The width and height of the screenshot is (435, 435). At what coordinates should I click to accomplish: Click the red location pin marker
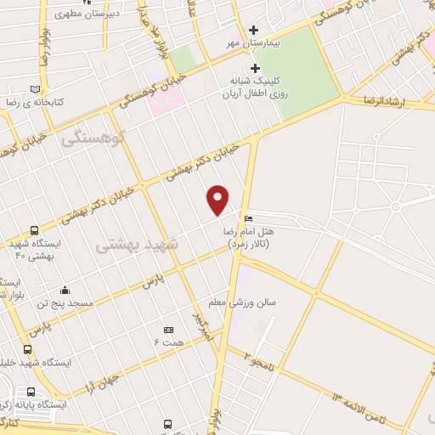[x=218, y=200]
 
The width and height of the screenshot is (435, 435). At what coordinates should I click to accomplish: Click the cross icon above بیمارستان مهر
[x=253, y=30]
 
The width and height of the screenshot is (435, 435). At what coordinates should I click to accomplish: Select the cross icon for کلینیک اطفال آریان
[x=254, y=69]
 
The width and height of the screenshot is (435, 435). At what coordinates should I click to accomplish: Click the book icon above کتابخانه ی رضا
[x=35, y=88]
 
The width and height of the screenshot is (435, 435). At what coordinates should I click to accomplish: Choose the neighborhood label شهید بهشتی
[x=137, y=244]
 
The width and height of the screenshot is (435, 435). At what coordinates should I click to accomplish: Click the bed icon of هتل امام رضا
[x=247, y=219]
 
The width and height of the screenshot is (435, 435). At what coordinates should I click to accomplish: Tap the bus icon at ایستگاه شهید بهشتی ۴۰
[x=34, y=230]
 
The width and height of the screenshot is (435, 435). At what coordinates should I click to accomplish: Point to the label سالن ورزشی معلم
[x=257, y=302]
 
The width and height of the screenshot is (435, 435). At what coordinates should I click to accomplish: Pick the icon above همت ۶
[x=167, y=330]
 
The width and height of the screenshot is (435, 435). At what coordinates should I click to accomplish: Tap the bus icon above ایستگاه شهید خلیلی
[x=28, y=348]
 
